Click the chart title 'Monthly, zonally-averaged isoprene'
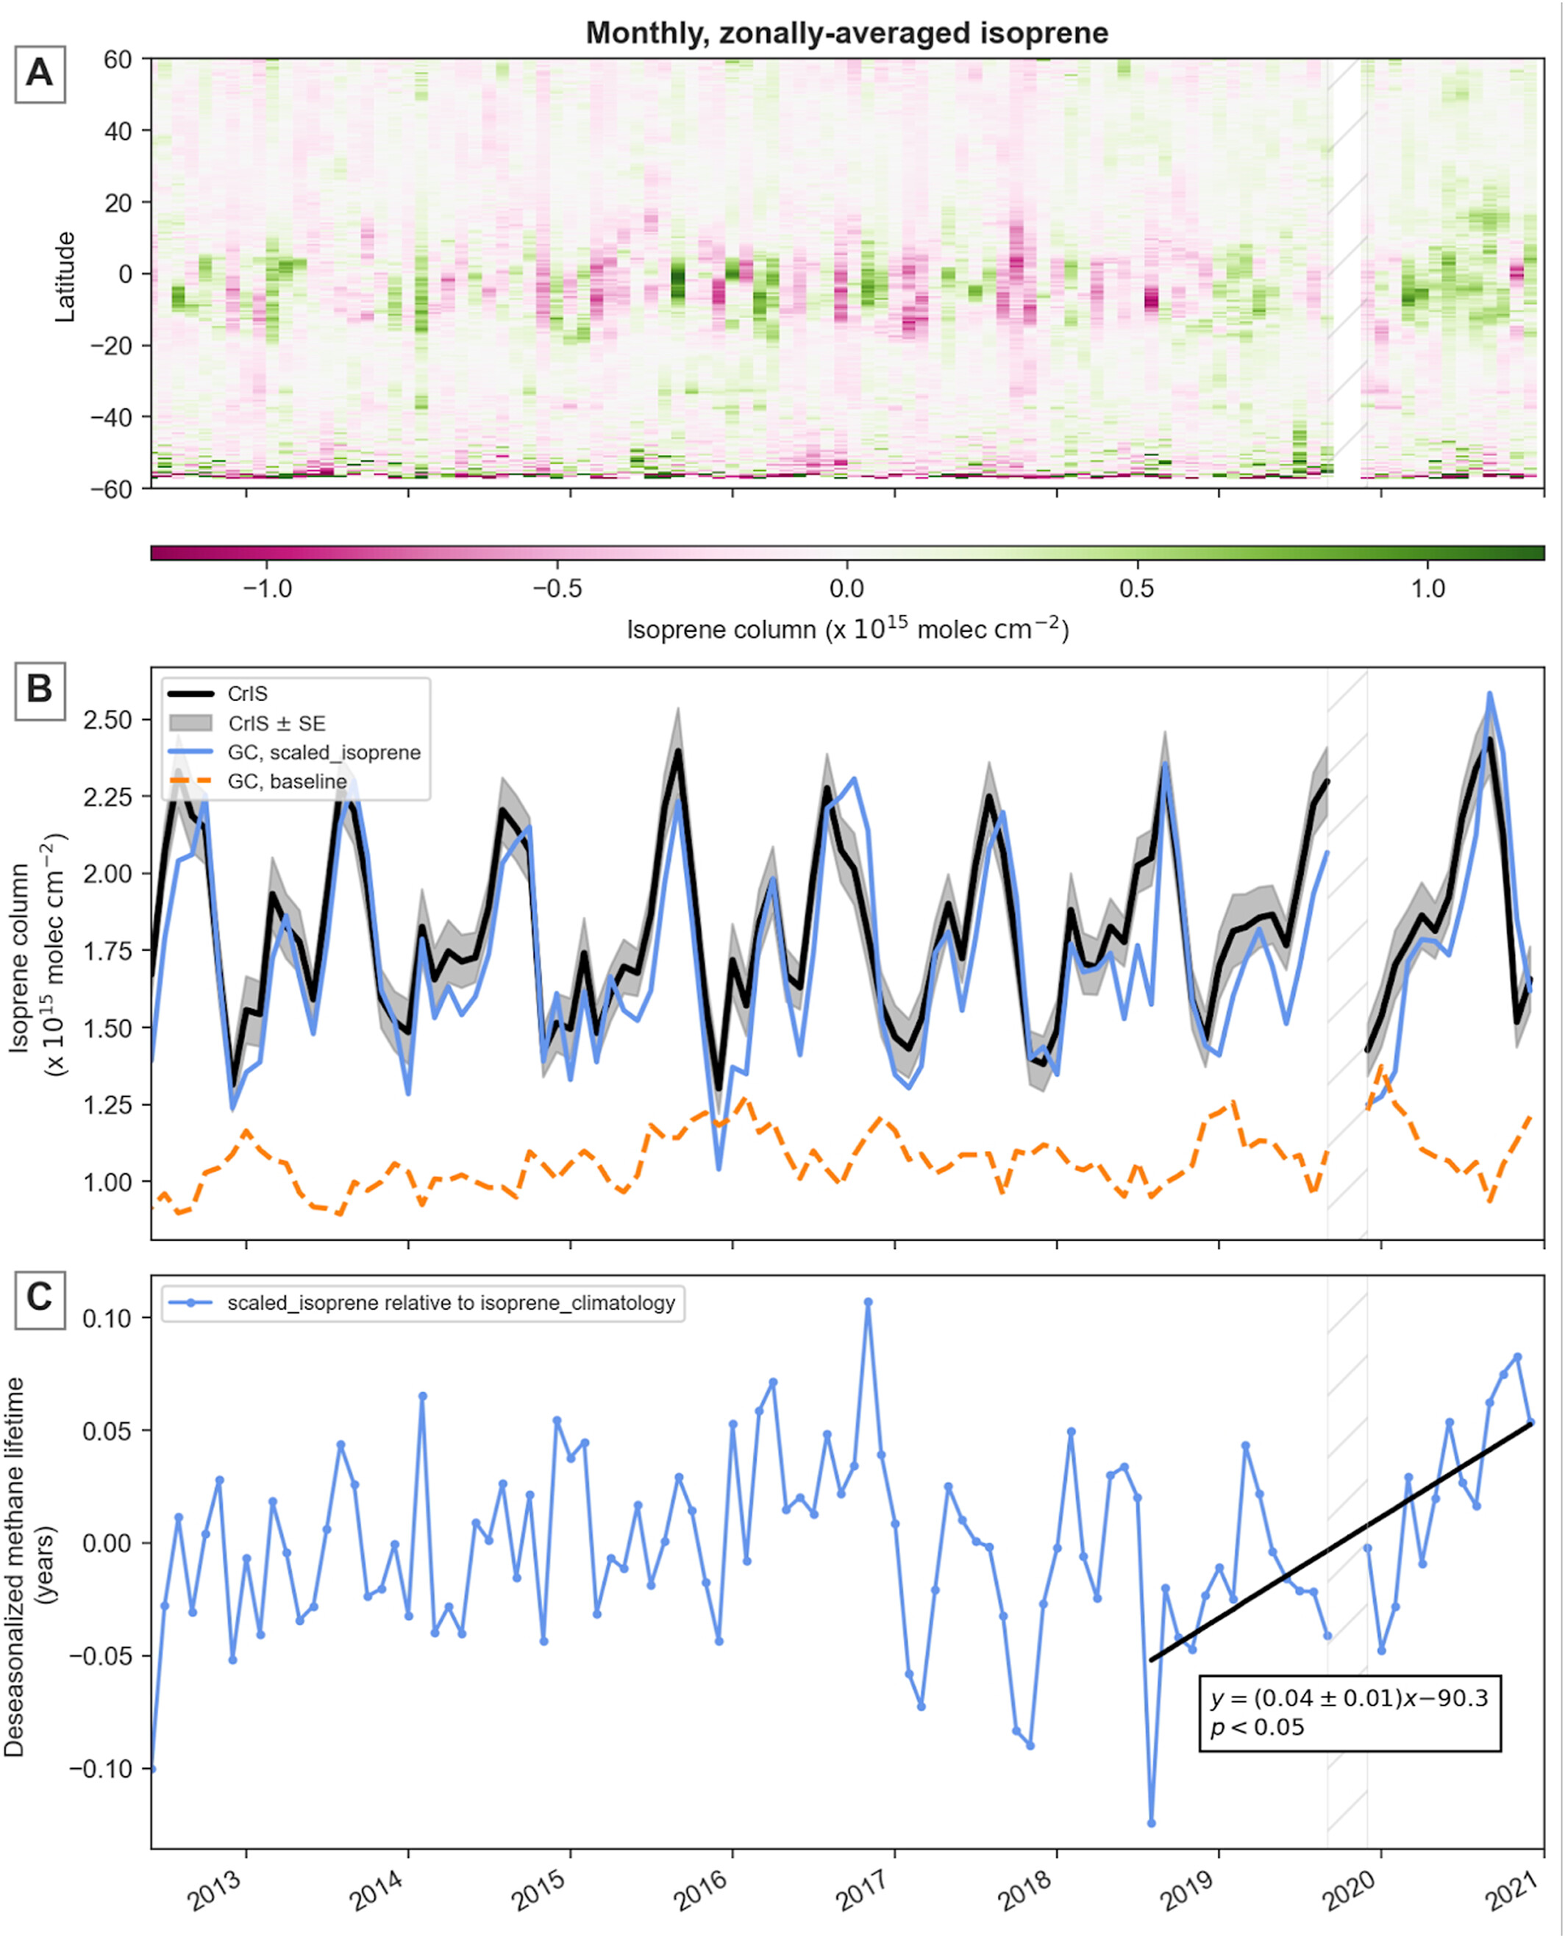coord(846,33)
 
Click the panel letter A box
coord(40,72)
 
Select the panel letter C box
coord(40,1297)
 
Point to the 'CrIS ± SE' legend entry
coord(276,723)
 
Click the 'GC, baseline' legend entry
coord(286,782)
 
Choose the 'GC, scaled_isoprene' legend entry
coord(323,752)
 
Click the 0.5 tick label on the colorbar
coord(1136,590)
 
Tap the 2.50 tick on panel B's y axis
coord(107,720)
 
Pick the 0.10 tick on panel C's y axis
coord(107,1318)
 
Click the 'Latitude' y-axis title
coord(65,277)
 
